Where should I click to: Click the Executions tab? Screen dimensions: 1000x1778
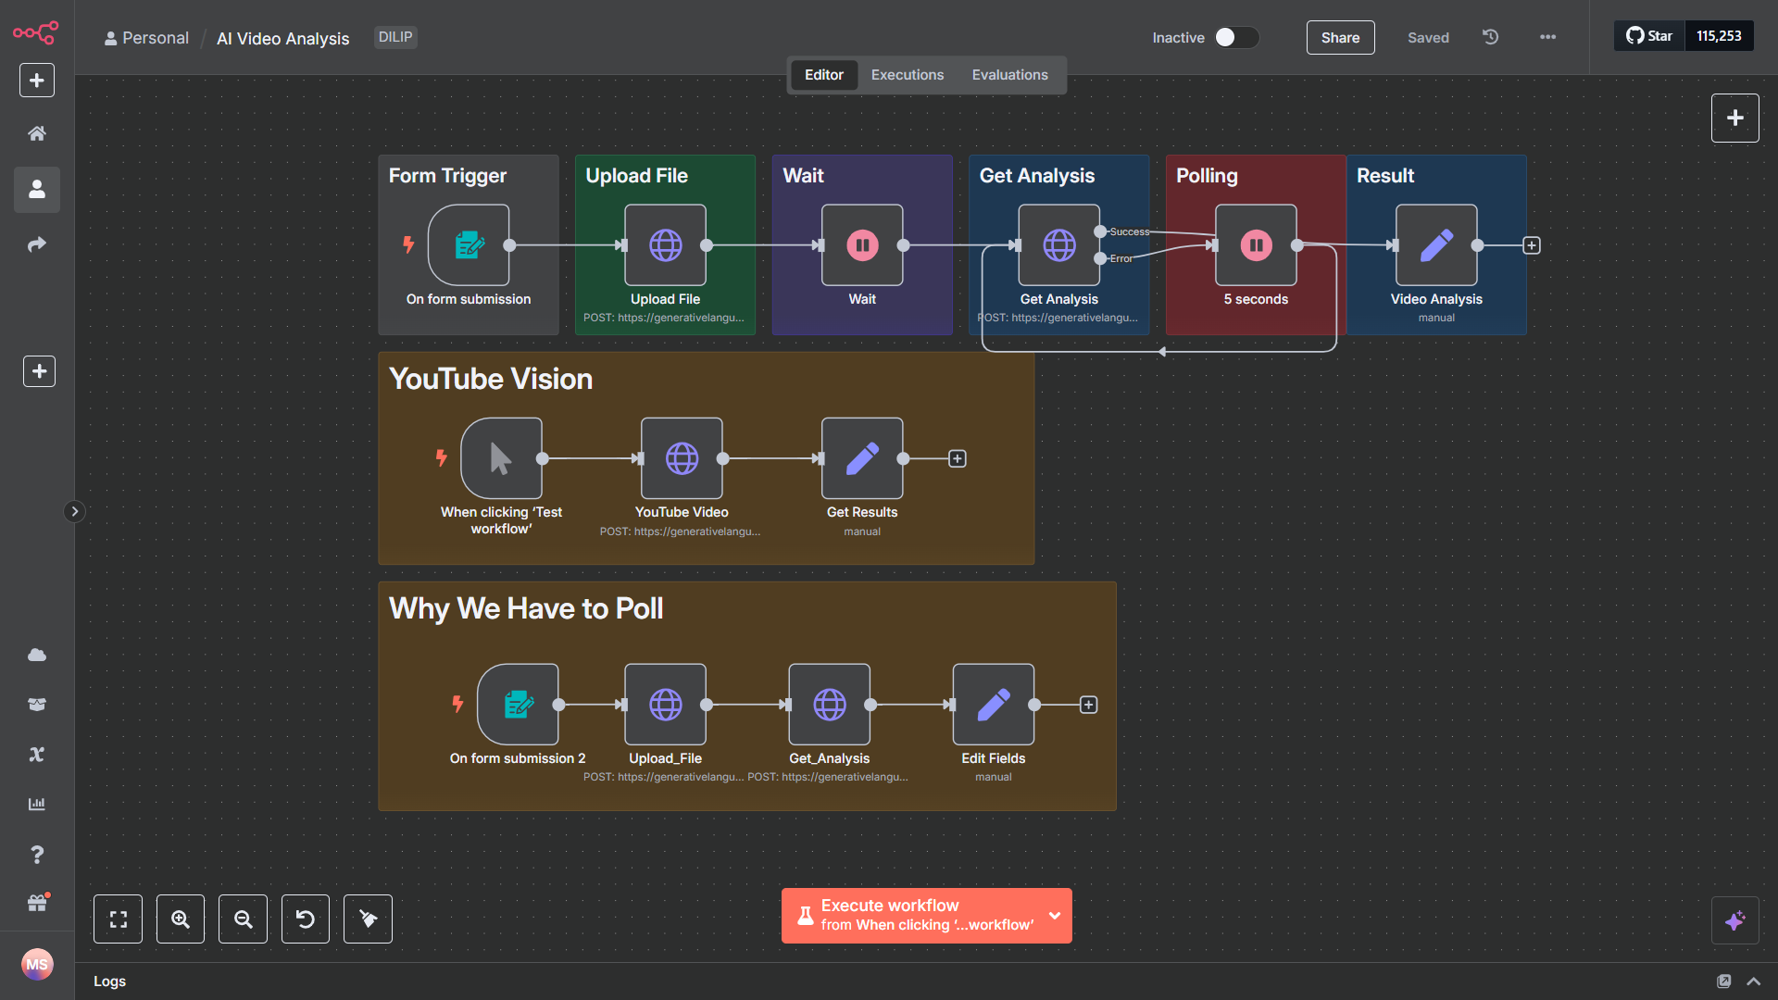tap(907, 75)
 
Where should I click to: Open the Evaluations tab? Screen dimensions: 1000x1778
tap(1009, 75)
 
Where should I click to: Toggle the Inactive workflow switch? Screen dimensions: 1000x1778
tap(1235, 37)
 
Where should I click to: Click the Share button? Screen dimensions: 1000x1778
tap(1340, 38)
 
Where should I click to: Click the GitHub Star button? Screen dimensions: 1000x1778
tap(1649, 36)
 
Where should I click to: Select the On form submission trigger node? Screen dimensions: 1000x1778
tap(469, 245)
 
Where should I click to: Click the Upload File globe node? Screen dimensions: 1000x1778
tap(665, 245)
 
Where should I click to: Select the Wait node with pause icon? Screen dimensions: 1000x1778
tap(862, 245)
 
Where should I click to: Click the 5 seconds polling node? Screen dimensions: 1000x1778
tap(1256, 245)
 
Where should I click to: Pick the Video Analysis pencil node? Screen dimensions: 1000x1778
tap(1436, 245)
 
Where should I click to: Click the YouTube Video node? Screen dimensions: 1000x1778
tap(682, 458)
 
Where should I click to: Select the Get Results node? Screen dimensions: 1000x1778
tap(862, 458)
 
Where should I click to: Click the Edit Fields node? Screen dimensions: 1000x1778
tap(994, 705)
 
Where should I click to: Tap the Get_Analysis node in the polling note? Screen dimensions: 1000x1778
tap(829, 705)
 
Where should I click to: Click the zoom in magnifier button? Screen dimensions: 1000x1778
tap(181, 919)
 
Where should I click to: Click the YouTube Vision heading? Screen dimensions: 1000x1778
tap(491, 379)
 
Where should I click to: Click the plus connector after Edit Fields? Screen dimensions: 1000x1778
tap(1089, 706)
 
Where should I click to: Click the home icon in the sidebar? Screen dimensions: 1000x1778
tap(37, 133)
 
